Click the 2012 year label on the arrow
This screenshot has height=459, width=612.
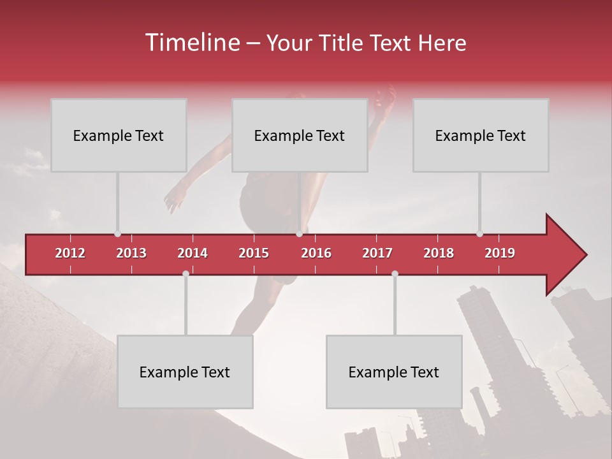70,253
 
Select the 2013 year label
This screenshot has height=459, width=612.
131,253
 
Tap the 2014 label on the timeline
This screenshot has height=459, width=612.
193,253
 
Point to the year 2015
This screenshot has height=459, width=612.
254,253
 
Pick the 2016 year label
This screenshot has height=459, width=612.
316,253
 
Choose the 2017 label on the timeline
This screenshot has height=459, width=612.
377,253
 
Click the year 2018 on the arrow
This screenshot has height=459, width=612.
439,253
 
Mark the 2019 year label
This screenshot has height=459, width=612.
500,253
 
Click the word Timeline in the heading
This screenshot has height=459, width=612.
191,43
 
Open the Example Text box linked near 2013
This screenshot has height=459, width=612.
119,135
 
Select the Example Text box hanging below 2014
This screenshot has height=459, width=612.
185,372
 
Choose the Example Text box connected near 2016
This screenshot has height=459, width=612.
300,135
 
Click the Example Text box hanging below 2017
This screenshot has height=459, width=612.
394,372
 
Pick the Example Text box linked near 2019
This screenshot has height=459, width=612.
481,135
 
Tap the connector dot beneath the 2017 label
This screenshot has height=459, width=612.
395,273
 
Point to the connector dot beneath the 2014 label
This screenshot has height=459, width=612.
186,273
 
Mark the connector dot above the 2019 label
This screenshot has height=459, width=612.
479,234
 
